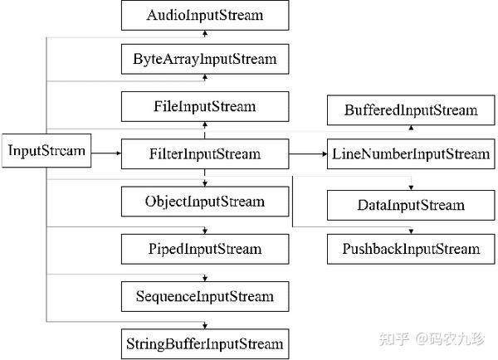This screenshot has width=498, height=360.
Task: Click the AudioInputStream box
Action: click(205, 15)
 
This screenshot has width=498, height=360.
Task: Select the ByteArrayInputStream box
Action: click(205, 59)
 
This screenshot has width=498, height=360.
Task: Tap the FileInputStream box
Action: click(205, 107)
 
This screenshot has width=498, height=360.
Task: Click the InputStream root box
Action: click(46, 150)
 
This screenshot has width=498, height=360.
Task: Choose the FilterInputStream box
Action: click(205, 153)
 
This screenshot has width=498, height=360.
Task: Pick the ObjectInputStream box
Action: click(205, 202)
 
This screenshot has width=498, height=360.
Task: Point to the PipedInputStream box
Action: click(205, 249)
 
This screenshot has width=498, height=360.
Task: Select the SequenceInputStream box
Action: click(205, 296)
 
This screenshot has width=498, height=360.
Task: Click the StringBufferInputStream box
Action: click(205, 344)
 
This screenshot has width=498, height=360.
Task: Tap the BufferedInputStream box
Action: click(411, 109)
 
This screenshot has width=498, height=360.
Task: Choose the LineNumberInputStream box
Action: click(411, 153)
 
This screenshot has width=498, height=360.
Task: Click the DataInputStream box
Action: click(411, 205)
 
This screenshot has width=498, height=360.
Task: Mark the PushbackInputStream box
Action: click(411, 249)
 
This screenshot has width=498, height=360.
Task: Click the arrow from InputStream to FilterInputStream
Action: click(106, 153)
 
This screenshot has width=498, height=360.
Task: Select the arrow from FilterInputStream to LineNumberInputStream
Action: click(308, 154)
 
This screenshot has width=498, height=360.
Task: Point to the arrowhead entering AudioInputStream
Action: click(205, 33)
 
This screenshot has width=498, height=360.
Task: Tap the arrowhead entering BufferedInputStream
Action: click(411, 127)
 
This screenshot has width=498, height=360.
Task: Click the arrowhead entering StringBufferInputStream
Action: click(205, 326)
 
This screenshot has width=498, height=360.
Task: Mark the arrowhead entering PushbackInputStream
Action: click(411, 231)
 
